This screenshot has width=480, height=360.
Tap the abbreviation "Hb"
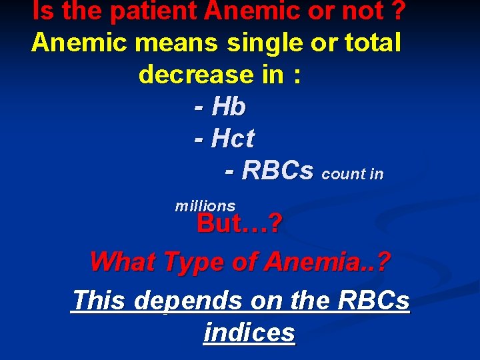tap(229, 107)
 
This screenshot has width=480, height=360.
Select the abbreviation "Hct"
tap(233, 139)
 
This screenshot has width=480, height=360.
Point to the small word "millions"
tap(205, 206)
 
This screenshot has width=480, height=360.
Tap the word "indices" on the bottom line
tap(249, 332)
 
